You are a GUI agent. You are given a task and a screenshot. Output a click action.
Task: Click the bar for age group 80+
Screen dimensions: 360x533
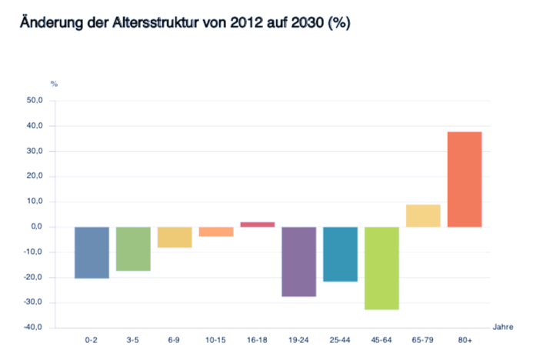465,179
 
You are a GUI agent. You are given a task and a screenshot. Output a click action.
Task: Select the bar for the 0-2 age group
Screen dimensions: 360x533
92,252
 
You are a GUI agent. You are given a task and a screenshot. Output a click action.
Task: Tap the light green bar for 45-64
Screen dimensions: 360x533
381,268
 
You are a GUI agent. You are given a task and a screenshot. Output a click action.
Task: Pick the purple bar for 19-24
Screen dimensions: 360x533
298,262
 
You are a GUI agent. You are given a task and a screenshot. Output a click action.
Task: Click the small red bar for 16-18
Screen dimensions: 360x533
257,224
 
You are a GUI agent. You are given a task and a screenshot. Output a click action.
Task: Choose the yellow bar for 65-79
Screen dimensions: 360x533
423,215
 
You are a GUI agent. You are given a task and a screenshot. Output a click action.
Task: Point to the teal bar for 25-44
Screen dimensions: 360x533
340,254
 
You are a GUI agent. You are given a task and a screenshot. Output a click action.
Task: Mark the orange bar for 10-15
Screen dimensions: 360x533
215,232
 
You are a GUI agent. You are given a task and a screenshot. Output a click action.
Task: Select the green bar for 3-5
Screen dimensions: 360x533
133,248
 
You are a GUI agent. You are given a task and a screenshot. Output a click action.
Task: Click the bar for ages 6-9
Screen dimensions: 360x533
175,237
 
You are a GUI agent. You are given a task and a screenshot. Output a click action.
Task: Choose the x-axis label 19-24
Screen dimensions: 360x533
298,339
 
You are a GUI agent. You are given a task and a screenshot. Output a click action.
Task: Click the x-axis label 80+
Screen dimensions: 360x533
465,339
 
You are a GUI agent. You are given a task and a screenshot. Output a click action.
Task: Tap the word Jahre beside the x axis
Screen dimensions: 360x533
503,327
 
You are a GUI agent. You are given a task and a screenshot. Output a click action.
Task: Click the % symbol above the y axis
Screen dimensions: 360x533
54,83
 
